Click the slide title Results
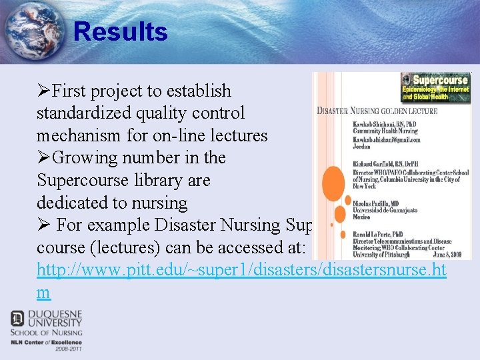point(120,31)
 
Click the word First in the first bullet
point(73,91)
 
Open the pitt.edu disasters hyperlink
point(242,270)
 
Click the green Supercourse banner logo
point(435,87)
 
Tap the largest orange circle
point(333,183)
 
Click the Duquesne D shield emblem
point(17,318)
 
